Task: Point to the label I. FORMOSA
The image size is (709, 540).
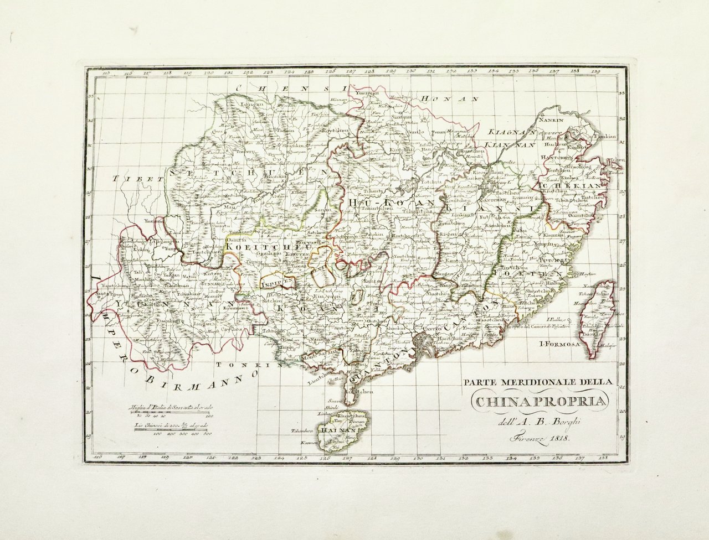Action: (x=558, y=342)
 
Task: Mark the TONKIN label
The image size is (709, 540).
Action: (x=239, y=365)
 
